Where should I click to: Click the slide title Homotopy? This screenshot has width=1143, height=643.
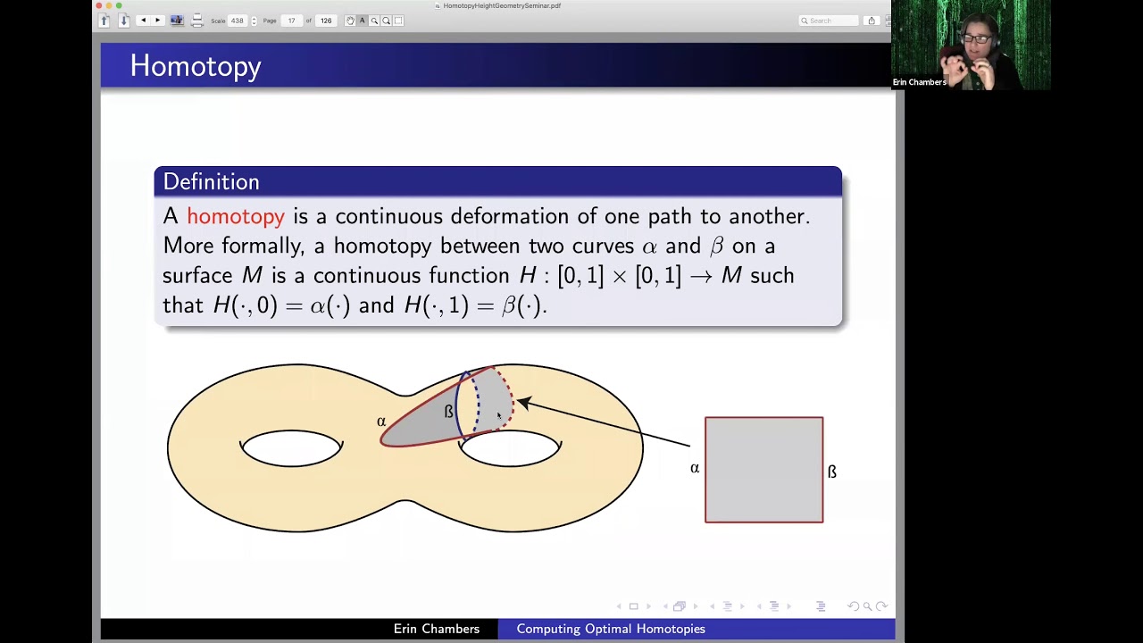[196, 66]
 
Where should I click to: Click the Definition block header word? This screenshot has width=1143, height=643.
[211, 182]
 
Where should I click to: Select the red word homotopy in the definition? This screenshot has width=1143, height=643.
[236, 216]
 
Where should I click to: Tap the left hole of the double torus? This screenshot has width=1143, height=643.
[291, 448]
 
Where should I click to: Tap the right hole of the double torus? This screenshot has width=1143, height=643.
[510, 449]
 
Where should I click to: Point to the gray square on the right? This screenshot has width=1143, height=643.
[763, 470]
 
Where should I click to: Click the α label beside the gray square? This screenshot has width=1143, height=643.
[695, 468]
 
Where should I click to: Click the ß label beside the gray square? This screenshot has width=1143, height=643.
[832, 472]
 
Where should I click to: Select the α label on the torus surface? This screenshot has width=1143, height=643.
[381, 422]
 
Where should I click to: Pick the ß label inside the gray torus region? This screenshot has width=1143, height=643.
[448, 412]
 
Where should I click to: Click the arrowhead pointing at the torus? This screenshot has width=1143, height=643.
[523, 404]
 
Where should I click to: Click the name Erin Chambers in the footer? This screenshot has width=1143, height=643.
[436, 629]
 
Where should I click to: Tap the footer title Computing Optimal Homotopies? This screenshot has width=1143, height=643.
[611, 629]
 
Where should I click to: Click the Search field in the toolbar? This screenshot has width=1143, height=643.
[830, 21]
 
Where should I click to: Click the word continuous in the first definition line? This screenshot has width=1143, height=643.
[389, 216]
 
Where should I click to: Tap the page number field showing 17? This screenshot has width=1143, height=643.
[292, 21]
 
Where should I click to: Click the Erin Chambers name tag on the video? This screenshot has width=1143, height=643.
[919, 82]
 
